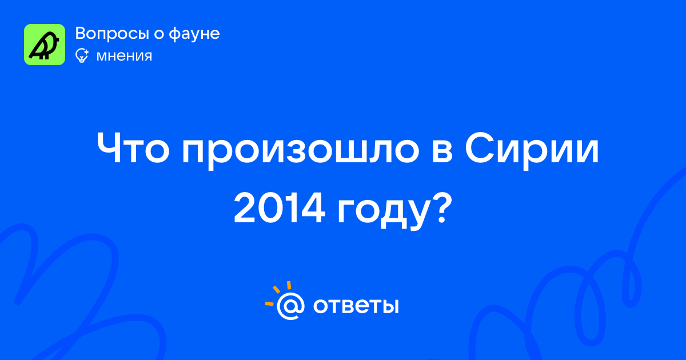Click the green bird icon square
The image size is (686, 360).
[x=45, y=45]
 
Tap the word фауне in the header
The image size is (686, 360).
[x=194, y=34]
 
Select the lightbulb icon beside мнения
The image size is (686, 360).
[x=82, y=55]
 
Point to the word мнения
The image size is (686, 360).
[x=124, y=57]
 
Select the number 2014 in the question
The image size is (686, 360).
[x=279, y=208]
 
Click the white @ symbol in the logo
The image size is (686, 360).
[x=290, y=306]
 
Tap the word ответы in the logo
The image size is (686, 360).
[x=356, y=306]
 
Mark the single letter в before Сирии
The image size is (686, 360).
[x=442, y=151]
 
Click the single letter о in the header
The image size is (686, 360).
[x=159, y=35]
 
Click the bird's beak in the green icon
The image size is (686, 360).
[x=57, y=39]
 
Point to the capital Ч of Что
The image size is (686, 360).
[x=108, y=149]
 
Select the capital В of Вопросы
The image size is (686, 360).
[x=80, y=34]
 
